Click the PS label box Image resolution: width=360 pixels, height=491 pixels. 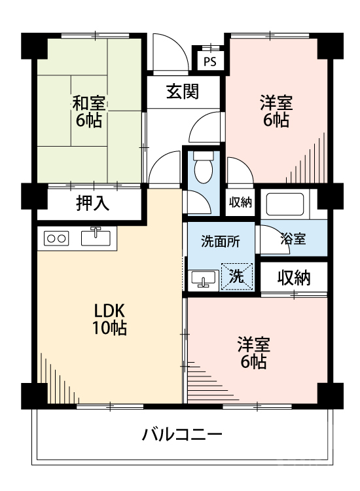pyautogui.click(x=209, y=62)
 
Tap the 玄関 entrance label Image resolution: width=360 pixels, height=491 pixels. pyautogui.click(x=182, y=92)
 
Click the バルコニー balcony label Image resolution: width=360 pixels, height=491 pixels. pyautogui.click(x=182, y=433)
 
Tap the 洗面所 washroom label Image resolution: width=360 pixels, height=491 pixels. pyautogui.click(x=219, y=240)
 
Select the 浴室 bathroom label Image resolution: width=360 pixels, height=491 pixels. pyautogui.click(x=293, y=239)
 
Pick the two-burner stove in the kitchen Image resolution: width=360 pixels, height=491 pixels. pyautogui.click(x=56, y=238)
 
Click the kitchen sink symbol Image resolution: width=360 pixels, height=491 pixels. pyautogui.click(x=97, y=236)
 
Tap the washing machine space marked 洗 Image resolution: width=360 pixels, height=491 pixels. pyautogui.click(x=235, y=276)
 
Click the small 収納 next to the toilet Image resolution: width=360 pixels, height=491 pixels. pyautogui.click(x=240, y=202)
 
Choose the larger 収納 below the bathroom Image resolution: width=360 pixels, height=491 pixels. pyautogui.click(x=292, y=278)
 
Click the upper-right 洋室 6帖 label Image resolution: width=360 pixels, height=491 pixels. pyautogui.click(x=275, y=111)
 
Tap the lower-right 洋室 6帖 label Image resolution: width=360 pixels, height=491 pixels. pyautogui.click(x=252, y=353)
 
